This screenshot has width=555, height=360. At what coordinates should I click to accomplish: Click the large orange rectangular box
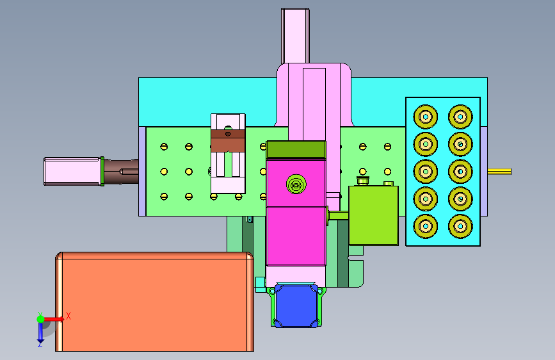pyautogui.click(x=155, y=302)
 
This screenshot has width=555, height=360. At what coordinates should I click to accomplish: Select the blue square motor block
pyautogui.click(x=296, y=306)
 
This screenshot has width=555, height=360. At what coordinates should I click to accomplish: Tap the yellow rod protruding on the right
pyautogui.click(x=499, y=172)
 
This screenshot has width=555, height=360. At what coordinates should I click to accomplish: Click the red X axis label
pyautogui.click(x=68, y=316)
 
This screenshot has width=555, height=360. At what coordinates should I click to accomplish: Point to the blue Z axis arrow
pyautogui.click(x=40, y=332)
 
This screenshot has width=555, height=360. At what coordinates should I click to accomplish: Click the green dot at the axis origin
pyautogui.click(x=41, y=319)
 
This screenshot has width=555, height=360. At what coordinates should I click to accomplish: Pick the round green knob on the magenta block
pyautogui.click(x=296, y=184)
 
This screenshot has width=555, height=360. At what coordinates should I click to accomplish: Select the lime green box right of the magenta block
pyautogui.click(x=374, y=215)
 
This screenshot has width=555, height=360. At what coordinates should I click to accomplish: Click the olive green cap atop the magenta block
pyautogui.click(x=296, y=149)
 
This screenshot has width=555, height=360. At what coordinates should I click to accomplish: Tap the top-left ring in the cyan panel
pyautogui.click(x=426, y=117)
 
